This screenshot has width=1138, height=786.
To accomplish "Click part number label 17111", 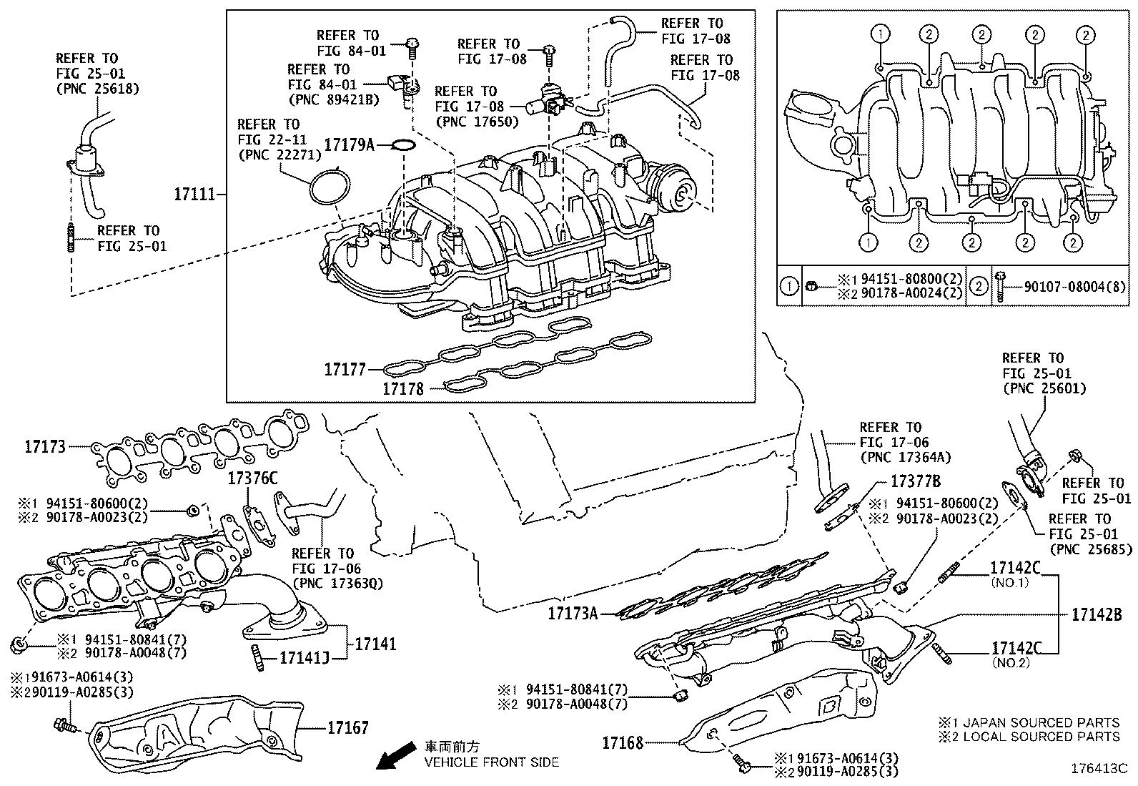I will [194, 194].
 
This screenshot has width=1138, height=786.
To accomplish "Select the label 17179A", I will [349, 144].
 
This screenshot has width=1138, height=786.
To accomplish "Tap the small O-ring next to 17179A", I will [405, 145].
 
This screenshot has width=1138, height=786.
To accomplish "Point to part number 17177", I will [345, 370].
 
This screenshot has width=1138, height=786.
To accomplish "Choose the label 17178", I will [403, 389].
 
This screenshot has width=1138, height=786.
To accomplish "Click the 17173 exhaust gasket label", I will [45, 447].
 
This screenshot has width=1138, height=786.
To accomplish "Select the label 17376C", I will [252, 478].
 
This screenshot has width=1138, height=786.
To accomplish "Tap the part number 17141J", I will [304, 657].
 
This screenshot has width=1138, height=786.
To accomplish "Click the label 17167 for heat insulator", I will [348, 728].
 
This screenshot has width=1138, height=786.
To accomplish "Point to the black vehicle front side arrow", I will [396, 755].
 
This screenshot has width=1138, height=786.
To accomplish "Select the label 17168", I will [623, 743].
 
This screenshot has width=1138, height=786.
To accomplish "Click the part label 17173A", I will [573, 613].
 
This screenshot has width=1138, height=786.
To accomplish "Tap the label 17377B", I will [915, 481].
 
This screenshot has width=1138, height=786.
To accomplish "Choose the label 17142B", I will [1096, 614].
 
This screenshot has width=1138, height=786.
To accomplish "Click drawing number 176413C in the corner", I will [1098, 769].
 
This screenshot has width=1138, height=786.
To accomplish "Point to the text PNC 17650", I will [475, 122].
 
